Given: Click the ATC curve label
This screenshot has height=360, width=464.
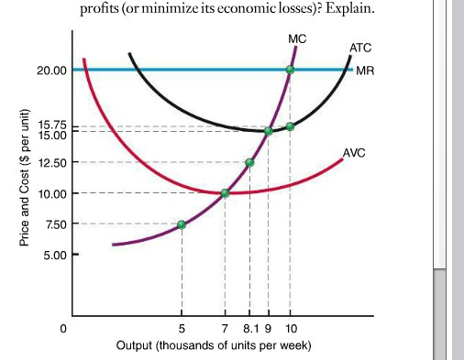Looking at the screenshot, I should (x=359, y=47).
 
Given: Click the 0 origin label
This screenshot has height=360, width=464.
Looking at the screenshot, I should (x=64, y=327).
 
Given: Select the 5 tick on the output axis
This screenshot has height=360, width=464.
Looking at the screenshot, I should (x=182, y=327).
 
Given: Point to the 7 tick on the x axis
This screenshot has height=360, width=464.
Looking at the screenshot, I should (x=226, y=327).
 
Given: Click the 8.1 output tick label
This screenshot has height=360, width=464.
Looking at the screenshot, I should (x=249, y=327).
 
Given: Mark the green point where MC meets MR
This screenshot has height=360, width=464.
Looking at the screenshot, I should (x=291, y=70).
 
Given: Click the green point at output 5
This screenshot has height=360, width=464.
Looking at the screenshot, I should (x=182, y=224).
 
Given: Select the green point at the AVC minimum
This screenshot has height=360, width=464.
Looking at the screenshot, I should (x=226, y=193).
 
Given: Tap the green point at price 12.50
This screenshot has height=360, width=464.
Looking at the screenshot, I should (x=249, y=162).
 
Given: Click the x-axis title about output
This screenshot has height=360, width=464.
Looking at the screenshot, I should (x=215, y=345).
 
